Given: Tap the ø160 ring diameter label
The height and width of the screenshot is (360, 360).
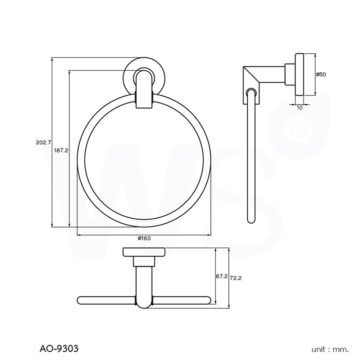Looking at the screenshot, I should [x=144, y=238].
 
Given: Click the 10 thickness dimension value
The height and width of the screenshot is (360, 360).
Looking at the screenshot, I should [x=300, y=107].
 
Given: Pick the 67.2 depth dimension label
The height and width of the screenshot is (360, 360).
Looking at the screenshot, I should [x=221, y=276].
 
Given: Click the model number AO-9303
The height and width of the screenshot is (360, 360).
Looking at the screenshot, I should [x=58, y=348].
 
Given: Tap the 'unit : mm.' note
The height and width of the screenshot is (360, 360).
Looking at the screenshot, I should [x=330, y=349].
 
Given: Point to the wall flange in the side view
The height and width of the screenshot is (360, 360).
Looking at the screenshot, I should [x=299, y=75].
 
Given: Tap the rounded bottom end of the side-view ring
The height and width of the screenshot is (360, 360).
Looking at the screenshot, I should [x=251, y=219].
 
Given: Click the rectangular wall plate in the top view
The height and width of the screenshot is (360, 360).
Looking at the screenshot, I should [x=144, y=252].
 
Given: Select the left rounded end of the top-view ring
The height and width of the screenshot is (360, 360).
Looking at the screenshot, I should [x=81, y=300].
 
